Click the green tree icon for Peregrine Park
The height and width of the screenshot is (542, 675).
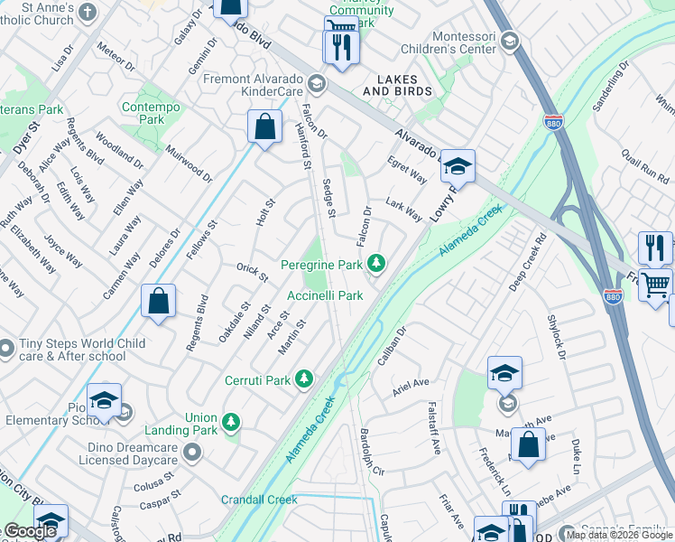[376, 265]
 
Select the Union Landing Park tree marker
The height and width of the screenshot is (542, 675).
[232, 422]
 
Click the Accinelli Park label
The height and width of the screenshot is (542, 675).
[325, 295]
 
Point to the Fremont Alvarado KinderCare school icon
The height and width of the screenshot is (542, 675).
[316, 84]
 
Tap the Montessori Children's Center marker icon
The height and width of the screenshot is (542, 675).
[509, 41]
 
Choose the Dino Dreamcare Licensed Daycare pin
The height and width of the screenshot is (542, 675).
[191, 451]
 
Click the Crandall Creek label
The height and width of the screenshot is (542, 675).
[259, 500]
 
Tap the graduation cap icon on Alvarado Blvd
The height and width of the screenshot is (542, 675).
[458, 165]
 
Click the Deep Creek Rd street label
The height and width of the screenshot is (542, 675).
[527, 264]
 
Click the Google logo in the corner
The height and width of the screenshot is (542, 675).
[31, 531]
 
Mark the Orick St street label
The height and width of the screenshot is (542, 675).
[252, 271]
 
